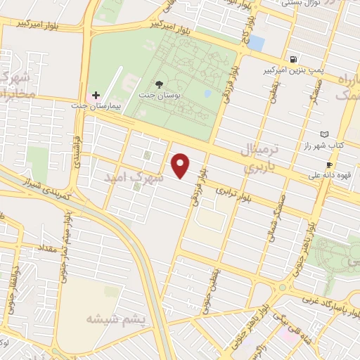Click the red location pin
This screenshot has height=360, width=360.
[x=181, y=165]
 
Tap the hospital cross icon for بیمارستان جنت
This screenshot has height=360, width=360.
[x=96, y=94]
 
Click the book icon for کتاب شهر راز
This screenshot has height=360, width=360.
[x=324, y=134]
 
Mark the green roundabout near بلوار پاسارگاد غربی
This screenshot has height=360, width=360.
[x=282, y=288]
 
